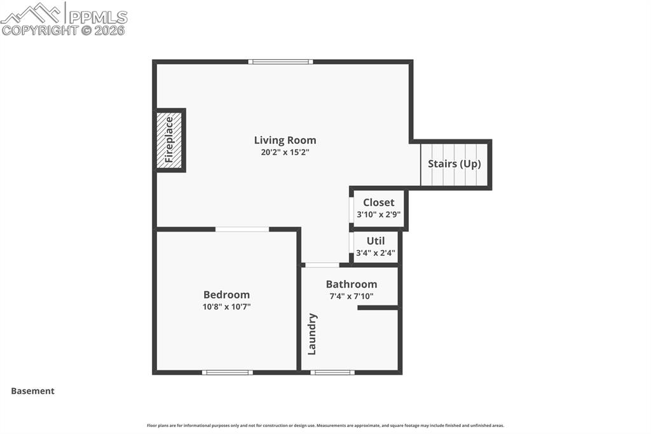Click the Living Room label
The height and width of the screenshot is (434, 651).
click(x=285, y=140)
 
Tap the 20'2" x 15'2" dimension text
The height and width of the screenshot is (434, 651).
click(x=285, y=153)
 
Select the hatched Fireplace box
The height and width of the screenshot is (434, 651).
click(x=170, y=140)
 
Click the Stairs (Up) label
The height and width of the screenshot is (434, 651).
click(x=455, y=164)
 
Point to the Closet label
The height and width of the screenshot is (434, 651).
click(x=378, y=202)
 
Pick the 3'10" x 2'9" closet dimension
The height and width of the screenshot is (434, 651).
click(x=378, y=214)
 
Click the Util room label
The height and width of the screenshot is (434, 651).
click(x=375, y=241)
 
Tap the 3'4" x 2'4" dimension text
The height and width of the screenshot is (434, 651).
click(x=375, y=253)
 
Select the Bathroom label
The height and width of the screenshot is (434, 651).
click(x=351, y=284)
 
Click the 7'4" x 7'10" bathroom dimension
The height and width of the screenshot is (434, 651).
click(x=351, y=296)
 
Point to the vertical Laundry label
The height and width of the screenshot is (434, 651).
click(x=312, y=333)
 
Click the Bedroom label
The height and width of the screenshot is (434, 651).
click(x=226, y=295)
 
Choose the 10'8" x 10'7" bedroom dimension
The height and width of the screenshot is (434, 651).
click(x=226, y=306)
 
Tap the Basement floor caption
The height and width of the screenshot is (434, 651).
click(x=32, y=391)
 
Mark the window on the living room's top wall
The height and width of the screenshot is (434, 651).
click(x=280, y=62)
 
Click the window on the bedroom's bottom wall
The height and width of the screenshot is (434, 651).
click(x=227, y=372)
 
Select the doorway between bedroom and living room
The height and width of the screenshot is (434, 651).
click(x=242, y=229)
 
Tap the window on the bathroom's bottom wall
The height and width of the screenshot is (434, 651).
click(x=332, y=372)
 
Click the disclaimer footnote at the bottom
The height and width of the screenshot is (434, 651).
click(x=325, y=426)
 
